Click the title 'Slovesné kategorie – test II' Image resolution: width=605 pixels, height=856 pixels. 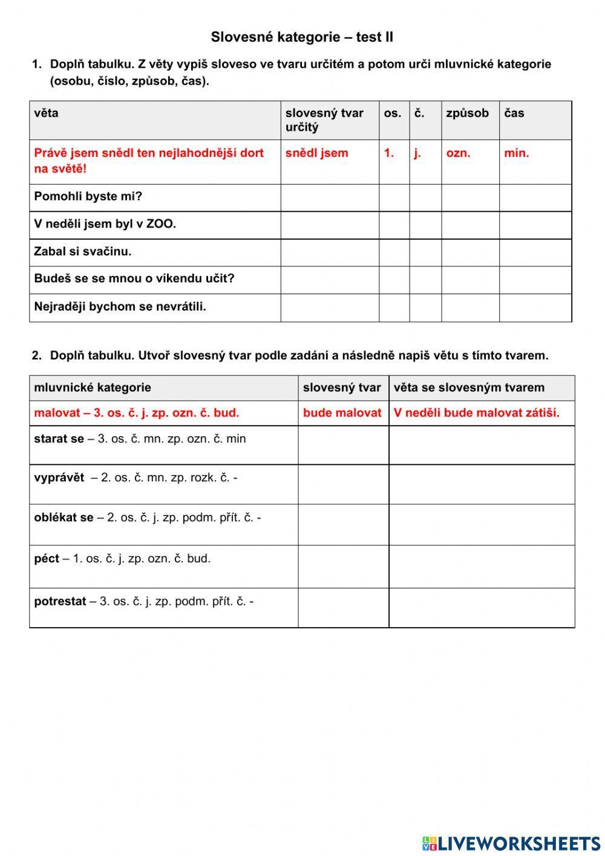(x=302, y=38)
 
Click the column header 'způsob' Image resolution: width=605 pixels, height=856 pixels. (x=467, y=113)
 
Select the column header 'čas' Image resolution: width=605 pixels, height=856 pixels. (x=514, y=113)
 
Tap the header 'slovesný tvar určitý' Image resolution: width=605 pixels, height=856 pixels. (x=324, y=120)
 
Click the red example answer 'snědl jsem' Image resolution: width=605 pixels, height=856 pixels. (x=316, y=153)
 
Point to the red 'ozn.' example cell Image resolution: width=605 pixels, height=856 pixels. (x=458, y=153)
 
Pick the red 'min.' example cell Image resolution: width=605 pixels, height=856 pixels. (x=516, y=153)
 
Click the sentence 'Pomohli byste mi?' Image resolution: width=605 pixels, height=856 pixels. (x=88, y=197)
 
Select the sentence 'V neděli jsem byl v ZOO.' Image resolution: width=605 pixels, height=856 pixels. (x=105, y=224)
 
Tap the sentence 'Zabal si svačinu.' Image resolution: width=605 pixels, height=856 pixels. (x=83, y=251)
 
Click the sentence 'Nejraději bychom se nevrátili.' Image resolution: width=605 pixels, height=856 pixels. (x=120, y=307)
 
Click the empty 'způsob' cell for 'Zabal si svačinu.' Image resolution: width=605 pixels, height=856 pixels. (x=470, y=252)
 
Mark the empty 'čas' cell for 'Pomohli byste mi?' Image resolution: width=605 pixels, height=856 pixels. (x=535, y=197)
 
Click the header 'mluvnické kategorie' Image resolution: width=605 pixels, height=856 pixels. (x=93, y=387)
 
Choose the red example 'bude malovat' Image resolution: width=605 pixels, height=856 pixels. (x=342, y=413)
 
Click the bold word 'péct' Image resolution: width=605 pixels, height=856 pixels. (x=47, y=559)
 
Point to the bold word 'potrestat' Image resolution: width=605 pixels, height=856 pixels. (x=60, y=602)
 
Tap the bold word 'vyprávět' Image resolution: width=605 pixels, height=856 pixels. (x=59, y=478)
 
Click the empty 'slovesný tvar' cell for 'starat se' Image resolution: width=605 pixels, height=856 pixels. (x=343, y=445)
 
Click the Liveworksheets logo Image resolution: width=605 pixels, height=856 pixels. (x=511, y=843)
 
